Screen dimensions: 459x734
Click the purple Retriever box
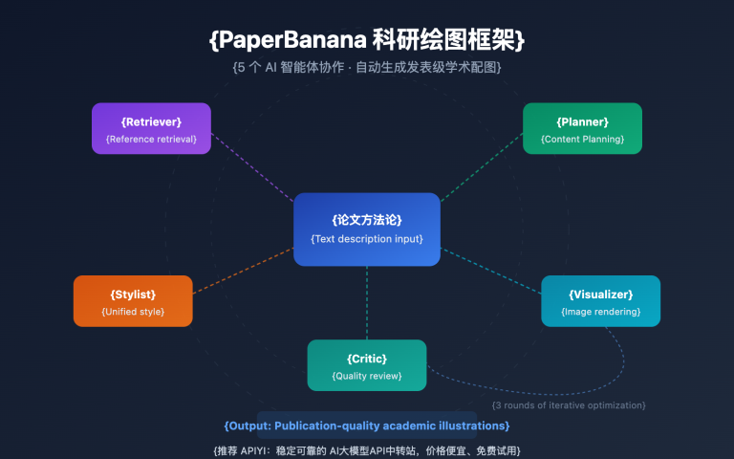(151, 128)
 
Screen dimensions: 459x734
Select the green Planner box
(582, 128)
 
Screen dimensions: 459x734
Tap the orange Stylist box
(133, 300)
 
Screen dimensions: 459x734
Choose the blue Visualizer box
(600, 300)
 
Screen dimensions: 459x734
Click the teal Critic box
(367, 364)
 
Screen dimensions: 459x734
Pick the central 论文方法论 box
(367, 229)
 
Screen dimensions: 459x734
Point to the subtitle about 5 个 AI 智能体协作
(367, 69)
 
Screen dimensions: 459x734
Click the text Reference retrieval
(151, 140)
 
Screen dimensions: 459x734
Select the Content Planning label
(582, 140)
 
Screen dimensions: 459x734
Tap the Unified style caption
(133, 312)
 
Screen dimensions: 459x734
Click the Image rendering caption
(600, 312)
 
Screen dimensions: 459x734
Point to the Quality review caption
(367, 376)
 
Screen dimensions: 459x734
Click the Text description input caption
(367, 239)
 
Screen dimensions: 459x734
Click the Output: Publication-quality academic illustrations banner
(367, 426)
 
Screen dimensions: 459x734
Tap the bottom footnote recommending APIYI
(367, 449)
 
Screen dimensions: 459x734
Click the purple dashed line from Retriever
(251, 166)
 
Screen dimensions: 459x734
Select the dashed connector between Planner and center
(482, 166)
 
